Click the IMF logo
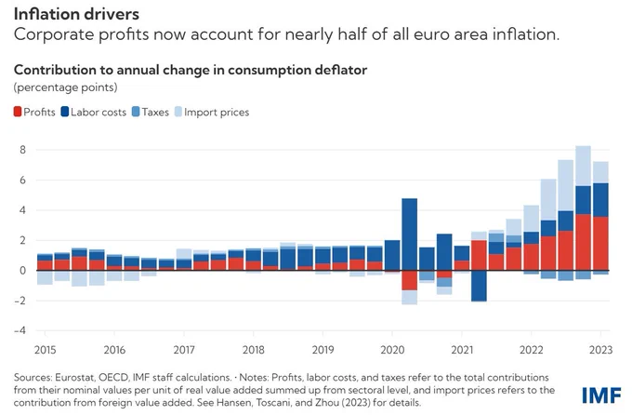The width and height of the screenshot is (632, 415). click(x=601, y=395)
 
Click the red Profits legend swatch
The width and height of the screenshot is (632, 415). click(x=18, y=112)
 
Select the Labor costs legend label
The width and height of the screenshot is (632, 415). click(x=99, y=113)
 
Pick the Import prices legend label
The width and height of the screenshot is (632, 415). click(x=217, y=113)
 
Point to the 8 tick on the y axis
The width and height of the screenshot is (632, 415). click(x=22, y=150)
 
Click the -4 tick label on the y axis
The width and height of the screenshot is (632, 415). click(x=20, y=330)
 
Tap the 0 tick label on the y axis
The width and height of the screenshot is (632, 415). click(x=22, y=271)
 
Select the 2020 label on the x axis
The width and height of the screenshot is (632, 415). click(x=392, y=350)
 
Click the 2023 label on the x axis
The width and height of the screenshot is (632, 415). click(x=600, y=350)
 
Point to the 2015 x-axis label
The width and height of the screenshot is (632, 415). click(x=46, y=350)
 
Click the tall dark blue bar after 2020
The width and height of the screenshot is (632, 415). click(x=410, y=234)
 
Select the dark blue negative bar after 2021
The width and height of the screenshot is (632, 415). click(x=479, y=286)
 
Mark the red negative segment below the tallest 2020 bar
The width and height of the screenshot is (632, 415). click(x=410, y=280)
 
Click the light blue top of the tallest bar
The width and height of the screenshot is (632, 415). click(x=584, y=166)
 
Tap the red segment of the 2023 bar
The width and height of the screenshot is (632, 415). click(x=600, y=244)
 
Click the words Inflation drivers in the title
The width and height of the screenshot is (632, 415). click(x=76, y=14)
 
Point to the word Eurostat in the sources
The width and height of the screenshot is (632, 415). click(x=73, y=378)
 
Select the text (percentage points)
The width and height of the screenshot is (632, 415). click(x=65, y=87)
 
